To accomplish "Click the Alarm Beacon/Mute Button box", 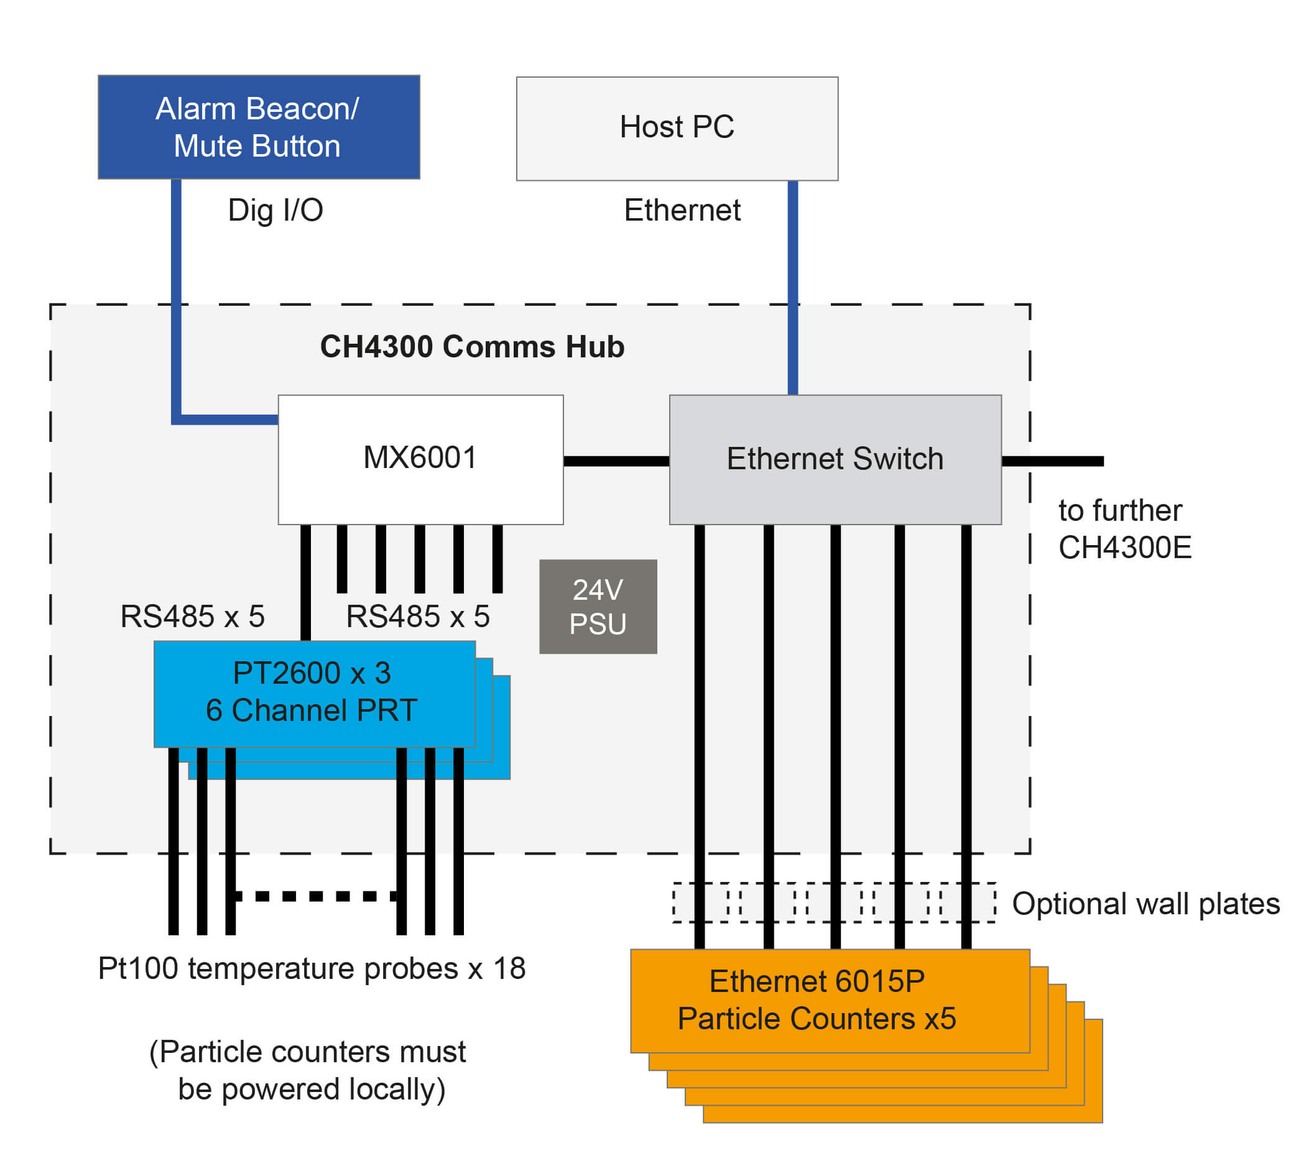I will coord(258,127).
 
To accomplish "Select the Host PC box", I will coord(677,128).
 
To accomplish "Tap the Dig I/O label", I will coord(275,210).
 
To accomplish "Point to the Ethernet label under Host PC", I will coord(682,210).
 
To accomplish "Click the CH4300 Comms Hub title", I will coord(472,347).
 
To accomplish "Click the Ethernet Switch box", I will coord(835,459).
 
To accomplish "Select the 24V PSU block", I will coord(598,606).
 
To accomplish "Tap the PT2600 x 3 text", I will coord(312,673).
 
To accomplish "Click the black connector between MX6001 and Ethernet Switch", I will coord(616,461).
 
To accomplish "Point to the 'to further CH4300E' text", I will coord(1124,529).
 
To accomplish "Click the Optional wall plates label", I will coord(1146,903).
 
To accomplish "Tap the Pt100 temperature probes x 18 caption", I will coord(312,968).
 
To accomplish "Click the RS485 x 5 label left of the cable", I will coord(192,617).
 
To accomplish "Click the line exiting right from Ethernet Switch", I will coord(1052,461).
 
